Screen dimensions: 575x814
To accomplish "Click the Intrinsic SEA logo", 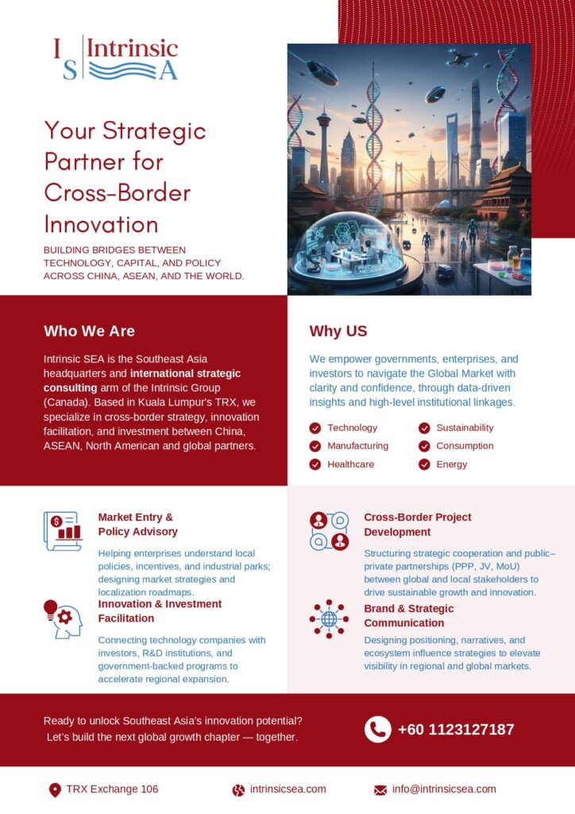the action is (x=116, y=58).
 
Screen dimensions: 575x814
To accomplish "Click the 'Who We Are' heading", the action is (x=89, y=331).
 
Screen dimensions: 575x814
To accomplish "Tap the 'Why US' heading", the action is (x=338, y=331).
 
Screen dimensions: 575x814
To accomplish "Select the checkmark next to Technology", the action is (x=315, y=428).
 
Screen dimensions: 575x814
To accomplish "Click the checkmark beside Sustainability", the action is (x=424, y=428).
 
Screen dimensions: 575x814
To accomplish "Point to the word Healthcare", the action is (x=350, y=464).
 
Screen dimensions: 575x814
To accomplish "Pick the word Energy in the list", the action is (x=452, y=464).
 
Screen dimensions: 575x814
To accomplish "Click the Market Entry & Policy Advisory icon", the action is (x=63, y=531).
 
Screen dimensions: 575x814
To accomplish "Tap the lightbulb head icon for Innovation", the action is (x=63, y=618).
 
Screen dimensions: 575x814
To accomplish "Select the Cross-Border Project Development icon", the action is (x=330, y=531).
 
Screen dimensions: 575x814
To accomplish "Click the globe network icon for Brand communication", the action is (x=330, y=618).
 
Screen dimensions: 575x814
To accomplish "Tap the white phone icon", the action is (x=378, y=730).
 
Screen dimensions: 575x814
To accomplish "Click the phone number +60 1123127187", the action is (x=456, y=730).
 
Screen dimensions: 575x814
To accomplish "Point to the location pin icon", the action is (x=55, y=790).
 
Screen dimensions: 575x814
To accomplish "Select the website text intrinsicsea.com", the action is (x=287, y=789).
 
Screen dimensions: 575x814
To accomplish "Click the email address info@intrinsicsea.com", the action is (x=444, y=789).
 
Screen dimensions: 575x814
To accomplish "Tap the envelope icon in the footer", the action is (x=380, y=790).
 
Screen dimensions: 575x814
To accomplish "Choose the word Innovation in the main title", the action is (x=101, y=224).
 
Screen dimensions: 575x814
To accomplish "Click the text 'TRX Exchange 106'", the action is (x=112, y=789).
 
